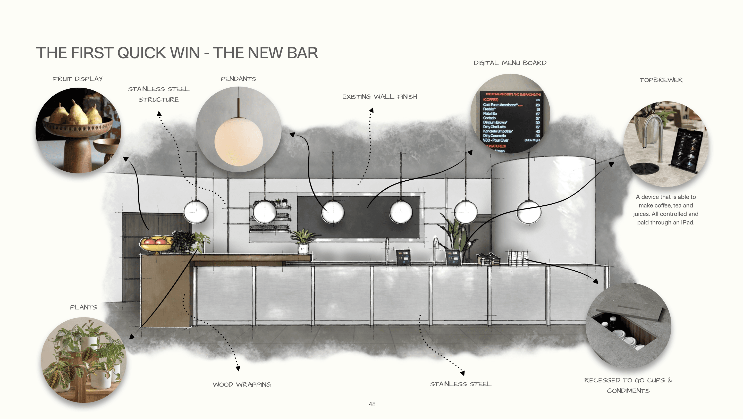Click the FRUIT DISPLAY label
[x=78, y=79]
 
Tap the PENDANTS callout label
[x=238, y=79]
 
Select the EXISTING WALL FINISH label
[x=379, y=97]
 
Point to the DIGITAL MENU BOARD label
[x=510, y=63]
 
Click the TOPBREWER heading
[x=661, y=80]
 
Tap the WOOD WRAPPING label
[x=242, y=384]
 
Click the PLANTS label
[x=83, y=307]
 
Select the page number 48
[x=372, y=404]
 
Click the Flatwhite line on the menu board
[x=490, y=114]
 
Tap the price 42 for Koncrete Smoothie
[x=538, y=132]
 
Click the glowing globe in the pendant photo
[x=238, y=141]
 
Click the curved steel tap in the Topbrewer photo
[x=652, y=127]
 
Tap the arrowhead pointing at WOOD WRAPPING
[x=238, y=368]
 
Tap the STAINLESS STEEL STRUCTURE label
[x=159, y=94]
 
